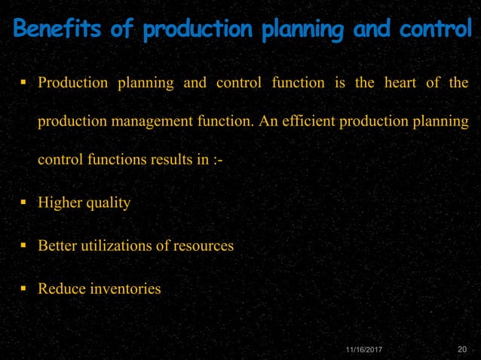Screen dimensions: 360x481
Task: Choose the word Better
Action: [x=57, y=246]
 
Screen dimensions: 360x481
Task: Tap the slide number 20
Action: [x=463, y=349]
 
